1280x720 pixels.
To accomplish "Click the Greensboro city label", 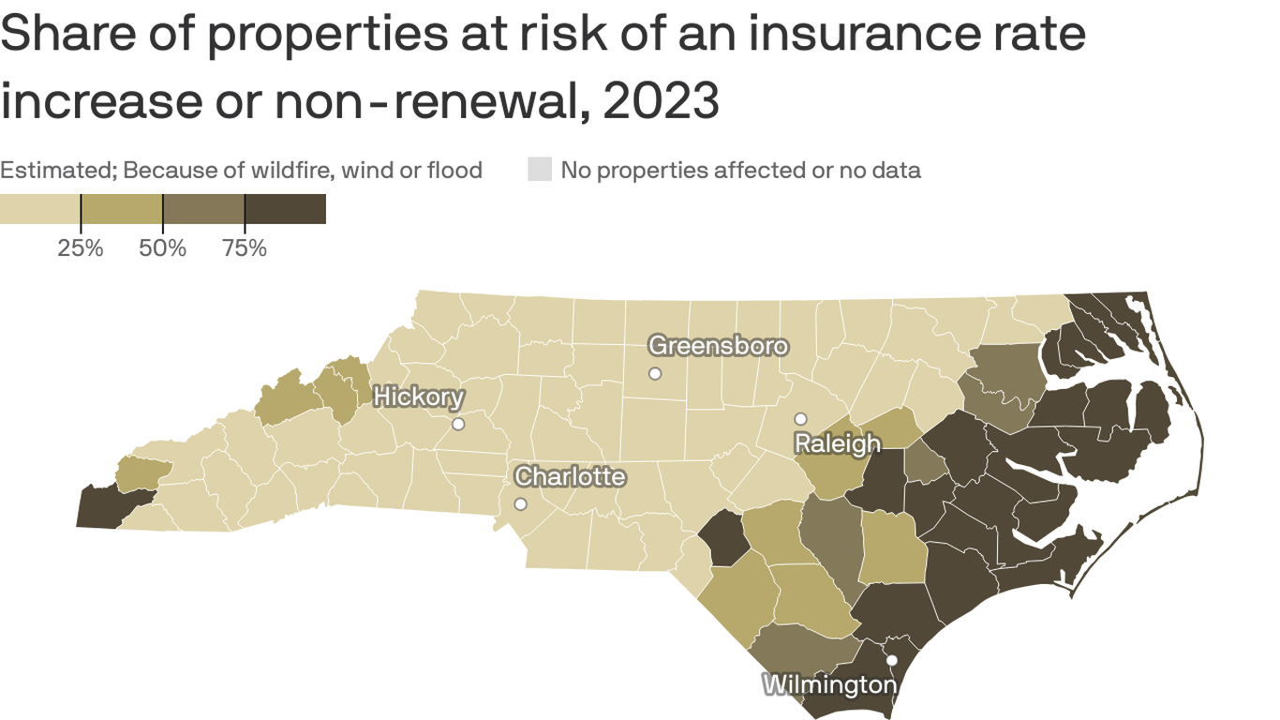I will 718,346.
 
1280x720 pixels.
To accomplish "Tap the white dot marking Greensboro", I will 655,373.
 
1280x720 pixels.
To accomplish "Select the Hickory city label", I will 418,397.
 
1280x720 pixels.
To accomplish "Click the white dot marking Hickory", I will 458,424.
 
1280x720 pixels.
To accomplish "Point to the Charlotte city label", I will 570,476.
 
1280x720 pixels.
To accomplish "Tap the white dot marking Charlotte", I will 521,504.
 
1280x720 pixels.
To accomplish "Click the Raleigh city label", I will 837,443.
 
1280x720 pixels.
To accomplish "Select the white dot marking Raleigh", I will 800,419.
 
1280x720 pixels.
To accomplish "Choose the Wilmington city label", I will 828,685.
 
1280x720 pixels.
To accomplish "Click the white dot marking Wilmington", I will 892,660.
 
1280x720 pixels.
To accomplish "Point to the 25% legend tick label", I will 81,248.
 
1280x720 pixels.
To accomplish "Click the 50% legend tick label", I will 163,248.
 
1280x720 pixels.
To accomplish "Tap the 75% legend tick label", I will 245,248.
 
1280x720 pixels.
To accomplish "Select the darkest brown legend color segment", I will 285,209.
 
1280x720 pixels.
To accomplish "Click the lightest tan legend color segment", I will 39,209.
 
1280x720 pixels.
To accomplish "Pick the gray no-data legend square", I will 540,170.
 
